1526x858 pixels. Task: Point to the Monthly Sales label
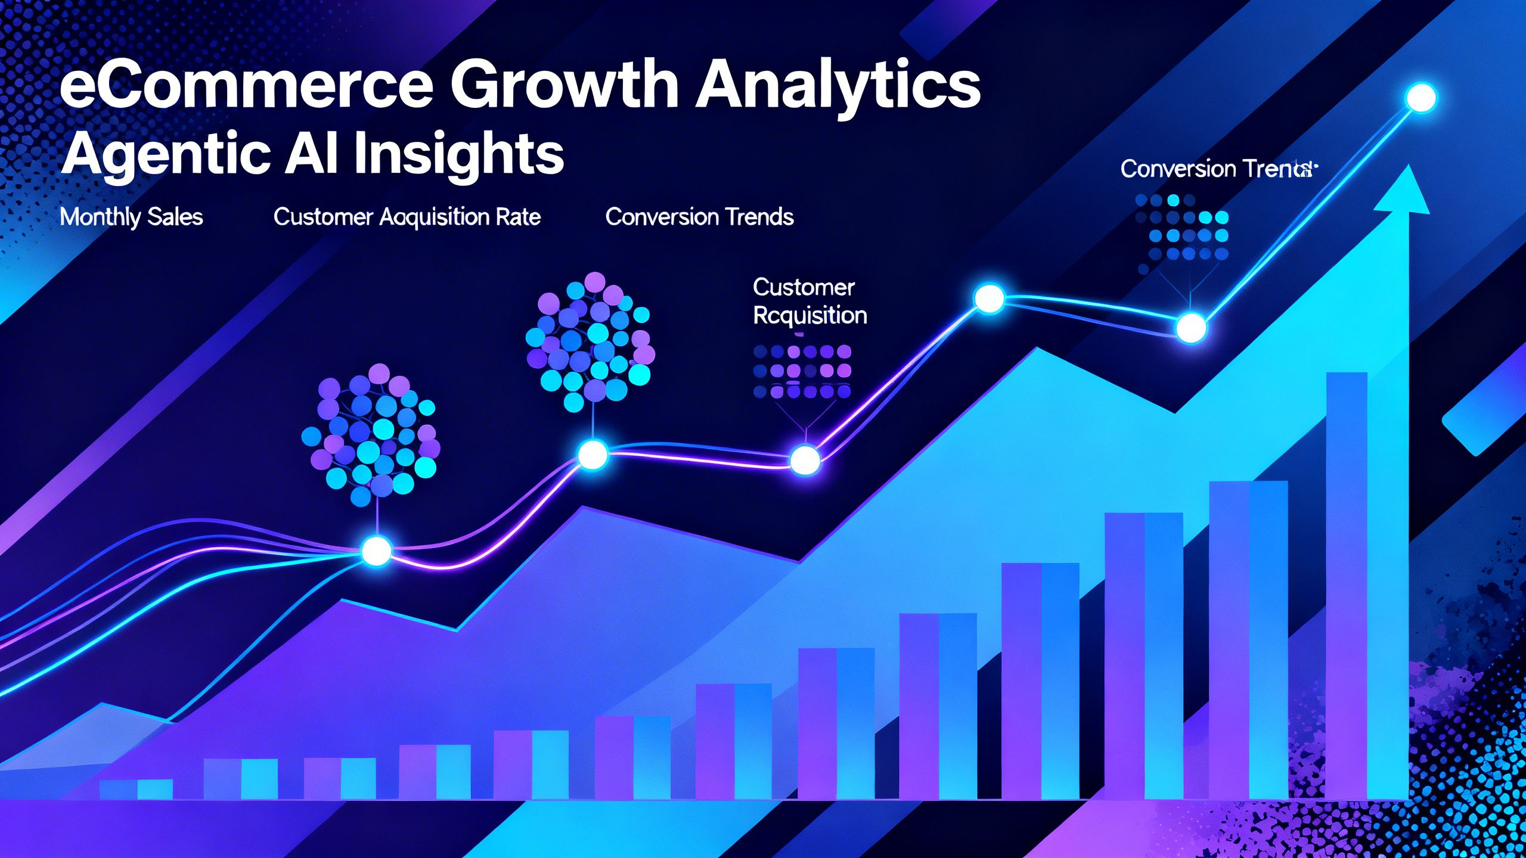click(131, 217)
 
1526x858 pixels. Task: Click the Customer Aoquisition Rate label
click(407, 217)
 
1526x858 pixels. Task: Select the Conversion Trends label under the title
click(699, 217)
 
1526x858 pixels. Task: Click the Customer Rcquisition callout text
click(809, 301)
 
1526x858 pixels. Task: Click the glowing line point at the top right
click(1421, 98)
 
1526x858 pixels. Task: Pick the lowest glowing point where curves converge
click(376, 551)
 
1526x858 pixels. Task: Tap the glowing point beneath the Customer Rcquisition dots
click(805, 459)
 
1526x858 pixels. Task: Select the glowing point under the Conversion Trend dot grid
click(1191, 328)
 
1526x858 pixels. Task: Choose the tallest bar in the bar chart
click(1346, 584)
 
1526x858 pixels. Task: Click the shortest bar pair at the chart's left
click(137, 789)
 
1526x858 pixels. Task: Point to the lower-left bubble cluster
click(371, 435)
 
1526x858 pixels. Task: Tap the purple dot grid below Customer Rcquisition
click(802, 371)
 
